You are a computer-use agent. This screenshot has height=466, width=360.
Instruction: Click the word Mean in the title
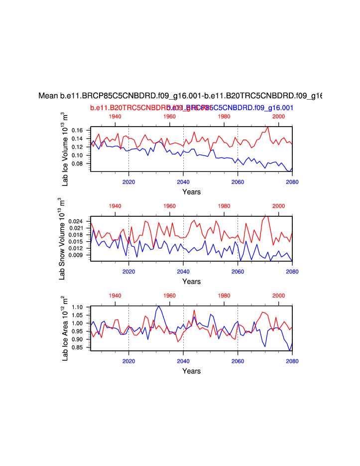pos(48,96)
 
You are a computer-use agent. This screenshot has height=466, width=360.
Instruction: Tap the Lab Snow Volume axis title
pos(66,236)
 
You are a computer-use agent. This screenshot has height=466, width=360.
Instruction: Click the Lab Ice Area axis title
pos(65,328)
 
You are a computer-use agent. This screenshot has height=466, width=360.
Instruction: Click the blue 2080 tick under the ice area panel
pos(292,360)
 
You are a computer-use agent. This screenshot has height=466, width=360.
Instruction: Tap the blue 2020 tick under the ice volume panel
pos(129,181)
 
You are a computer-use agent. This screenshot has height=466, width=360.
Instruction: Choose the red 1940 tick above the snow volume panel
pos(115,206)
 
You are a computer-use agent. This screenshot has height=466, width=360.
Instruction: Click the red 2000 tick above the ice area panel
pos(279,296)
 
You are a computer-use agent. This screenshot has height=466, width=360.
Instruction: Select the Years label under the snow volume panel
pos(191,282)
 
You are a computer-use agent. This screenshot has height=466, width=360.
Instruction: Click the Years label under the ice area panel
pos(191,371)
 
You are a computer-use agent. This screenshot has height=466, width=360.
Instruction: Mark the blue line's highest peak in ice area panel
pos(159,306)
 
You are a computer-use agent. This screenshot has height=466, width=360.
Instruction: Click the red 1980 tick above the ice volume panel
pos(224,117)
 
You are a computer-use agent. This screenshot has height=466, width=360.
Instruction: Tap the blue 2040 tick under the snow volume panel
pos(183,271)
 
